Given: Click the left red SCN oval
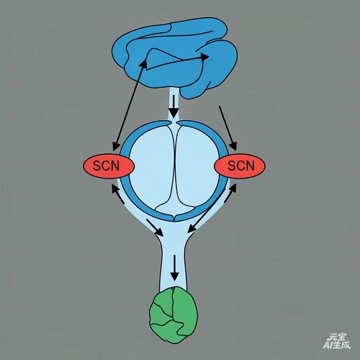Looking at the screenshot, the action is click(109, 166).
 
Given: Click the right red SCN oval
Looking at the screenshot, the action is click(240, 166).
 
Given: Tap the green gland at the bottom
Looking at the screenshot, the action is click(174, 315).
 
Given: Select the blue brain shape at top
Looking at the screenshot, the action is click(175, 58).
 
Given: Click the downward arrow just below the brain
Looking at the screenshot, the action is click(174, 107).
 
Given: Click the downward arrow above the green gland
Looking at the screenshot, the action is click(175, 268).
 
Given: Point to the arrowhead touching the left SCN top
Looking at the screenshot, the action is click(117, 145).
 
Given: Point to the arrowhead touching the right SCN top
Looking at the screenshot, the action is click(233, 146).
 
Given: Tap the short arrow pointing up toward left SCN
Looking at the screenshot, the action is click(118, 194).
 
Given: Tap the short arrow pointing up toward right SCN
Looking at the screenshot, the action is click(230, 193).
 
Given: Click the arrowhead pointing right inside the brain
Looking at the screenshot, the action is click(204, 57).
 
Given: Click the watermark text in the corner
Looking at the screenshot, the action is click(336, 341).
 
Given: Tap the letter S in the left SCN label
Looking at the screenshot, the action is click(96, 166).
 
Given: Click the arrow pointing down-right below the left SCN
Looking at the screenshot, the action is click(155, 228).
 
